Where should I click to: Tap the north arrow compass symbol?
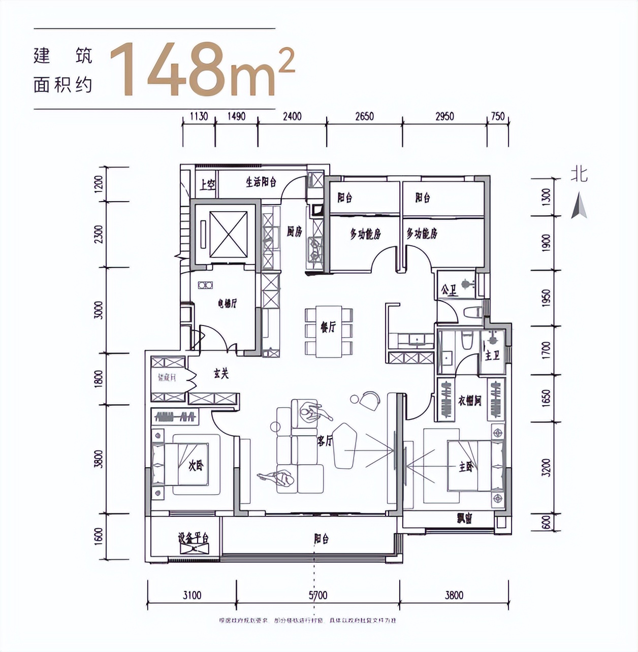579,206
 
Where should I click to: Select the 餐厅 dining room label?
328,328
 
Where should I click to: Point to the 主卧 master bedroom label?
465,466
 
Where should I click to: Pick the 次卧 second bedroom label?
195,465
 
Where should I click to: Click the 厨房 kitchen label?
294,232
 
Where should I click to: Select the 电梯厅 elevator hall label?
227,304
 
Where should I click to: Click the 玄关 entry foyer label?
221,374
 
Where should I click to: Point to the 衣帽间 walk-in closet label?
469,401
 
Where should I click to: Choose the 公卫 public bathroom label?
449,290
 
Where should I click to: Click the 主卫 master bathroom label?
492,355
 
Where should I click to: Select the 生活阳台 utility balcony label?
261,182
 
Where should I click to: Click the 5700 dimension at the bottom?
317,595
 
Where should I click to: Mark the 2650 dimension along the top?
364,116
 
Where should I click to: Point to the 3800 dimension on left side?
99,460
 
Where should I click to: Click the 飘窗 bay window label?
464,518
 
